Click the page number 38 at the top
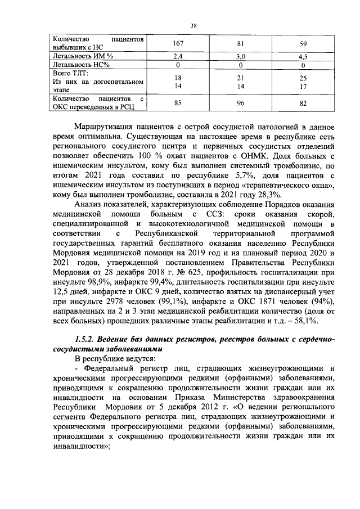click(x=193, y=25)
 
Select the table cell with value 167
click(x=178, y=44)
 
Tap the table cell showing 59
click(x=303, y=44)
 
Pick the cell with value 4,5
click(x=303, y=57)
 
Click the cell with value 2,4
click(x=178, y=57)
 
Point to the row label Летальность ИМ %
click(x=83, y=57)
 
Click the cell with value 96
click(x=240, y=103)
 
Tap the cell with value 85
click(x=178, y=103)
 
